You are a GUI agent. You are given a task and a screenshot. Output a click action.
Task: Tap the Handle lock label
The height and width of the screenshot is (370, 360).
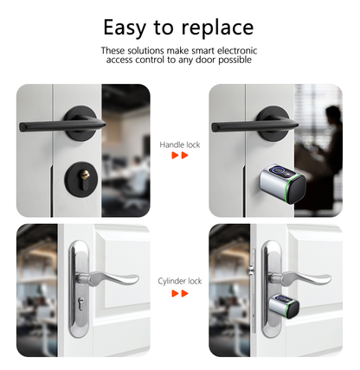click(180, 144)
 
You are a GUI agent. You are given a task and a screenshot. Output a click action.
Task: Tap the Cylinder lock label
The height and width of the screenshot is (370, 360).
click(180, 282)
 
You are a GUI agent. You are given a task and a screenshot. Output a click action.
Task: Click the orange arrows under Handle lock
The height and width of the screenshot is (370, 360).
click(180, 156)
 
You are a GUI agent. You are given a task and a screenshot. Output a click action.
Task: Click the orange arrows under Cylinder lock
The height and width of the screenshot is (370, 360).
click(180, 294)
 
